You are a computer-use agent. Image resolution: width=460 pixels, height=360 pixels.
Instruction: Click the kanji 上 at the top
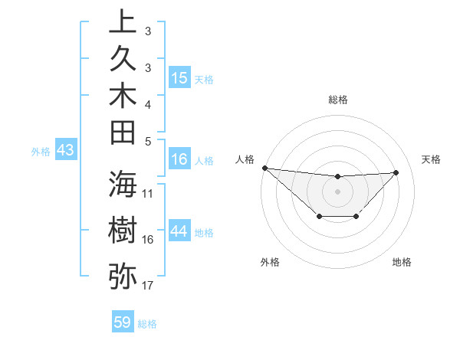(x=123, y=22)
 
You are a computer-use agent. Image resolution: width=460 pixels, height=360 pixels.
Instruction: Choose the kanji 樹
(x=123, y=230)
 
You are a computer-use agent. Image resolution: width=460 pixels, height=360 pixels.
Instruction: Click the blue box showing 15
(x=179, y=77)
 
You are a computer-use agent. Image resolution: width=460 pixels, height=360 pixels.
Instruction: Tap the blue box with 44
(x=179, y=231)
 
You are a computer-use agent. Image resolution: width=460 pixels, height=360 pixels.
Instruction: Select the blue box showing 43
(x=65, y=151)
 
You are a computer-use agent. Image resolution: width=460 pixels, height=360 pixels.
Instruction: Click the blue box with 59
(x=123, y=322)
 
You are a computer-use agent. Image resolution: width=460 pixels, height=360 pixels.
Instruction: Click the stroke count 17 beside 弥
(x=148, y=286)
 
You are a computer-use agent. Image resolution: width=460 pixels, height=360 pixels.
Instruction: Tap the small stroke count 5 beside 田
(x=148, y=141)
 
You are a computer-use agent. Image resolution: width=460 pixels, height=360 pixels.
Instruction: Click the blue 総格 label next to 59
(x=147, y=324)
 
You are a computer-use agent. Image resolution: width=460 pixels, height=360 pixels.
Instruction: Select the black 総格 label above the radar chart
(x=337, y=100)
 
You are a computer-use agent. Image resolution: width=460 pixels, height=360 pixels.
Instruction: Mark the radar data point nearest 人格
(x=264, y=168)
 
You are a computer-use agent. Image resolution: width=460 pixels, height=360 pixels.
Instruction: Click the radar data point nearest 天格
(x=396, y=172)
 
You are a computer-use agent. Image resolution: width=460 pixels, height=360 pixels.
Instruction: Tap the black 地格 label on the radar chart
(x=402, y=262)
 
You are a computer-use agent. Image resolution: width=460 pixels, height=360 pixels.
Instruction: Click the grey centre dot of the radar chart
(x=337, y=191)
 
